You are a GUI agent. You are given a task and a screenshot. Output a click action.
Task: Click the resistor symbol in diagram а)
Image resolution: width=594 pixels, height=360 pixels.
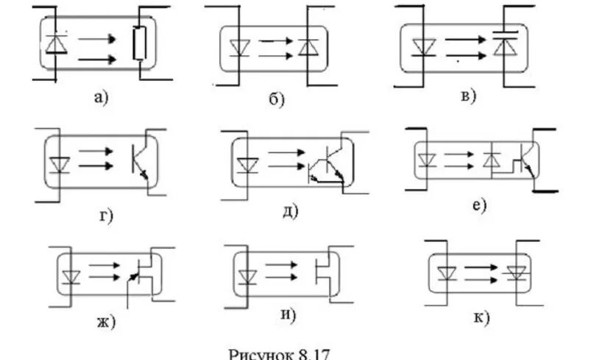coord(139,44)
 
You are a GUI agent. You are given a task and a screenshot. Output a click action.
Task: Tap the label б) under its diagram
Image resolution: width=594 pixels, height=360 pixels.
coord(275,100)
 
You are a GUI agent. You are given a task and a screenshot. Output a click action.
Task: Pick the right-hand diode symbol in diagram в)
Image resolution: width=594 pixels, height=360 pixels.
coord(503,44)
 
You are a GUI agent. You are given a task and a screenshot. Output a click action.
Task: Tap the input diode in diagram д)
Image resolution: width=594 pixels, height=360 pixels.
coord(245,161)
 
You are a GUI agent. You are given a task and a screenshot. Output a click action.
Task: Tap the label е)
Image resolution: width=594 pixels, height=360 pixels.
coord(480,205)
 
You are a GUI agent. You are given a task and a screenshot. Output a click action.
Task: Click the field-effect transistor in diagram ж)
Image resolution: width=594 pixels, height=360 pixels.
coord(143,275)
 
